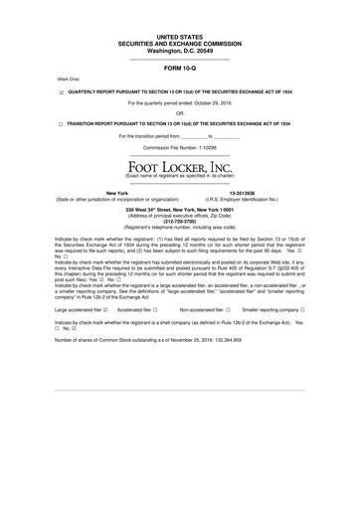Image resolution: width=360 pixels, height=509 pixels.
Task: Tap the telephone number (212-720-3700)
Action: (179, 221)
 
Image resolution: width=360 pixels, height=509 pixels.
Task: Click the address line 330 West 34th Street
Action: (179, 210)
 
